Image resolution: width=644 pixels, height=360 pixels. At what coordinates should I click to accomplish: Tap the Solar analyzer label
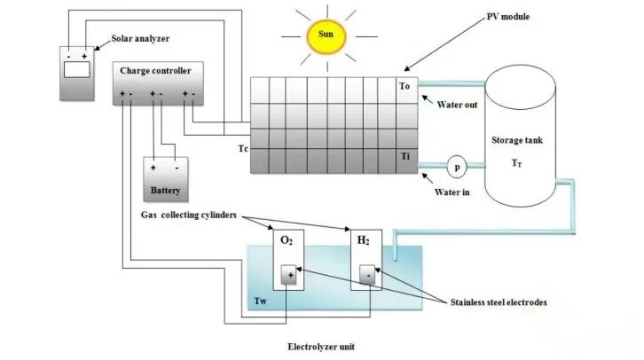pos(139,40)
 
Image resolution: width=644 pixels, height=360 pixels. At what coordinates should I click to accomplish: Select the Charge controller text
pos(155,70)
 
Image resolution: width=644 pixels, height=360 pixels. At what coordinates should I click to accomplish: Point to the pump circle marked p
pos(457,165)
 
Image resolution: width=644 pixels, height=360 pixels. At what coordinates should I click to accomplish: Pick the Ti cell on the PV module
pos(405,157)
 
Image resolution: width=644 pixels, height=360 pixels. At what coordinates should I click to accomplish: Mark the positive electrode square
pos(289,277)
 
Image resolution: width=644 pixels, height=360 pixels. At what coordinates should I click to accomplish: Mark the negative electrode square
pos(365,277)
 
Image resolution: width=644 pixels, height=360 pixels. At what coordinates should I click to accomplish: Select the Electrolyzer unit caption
pos(321,347)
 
